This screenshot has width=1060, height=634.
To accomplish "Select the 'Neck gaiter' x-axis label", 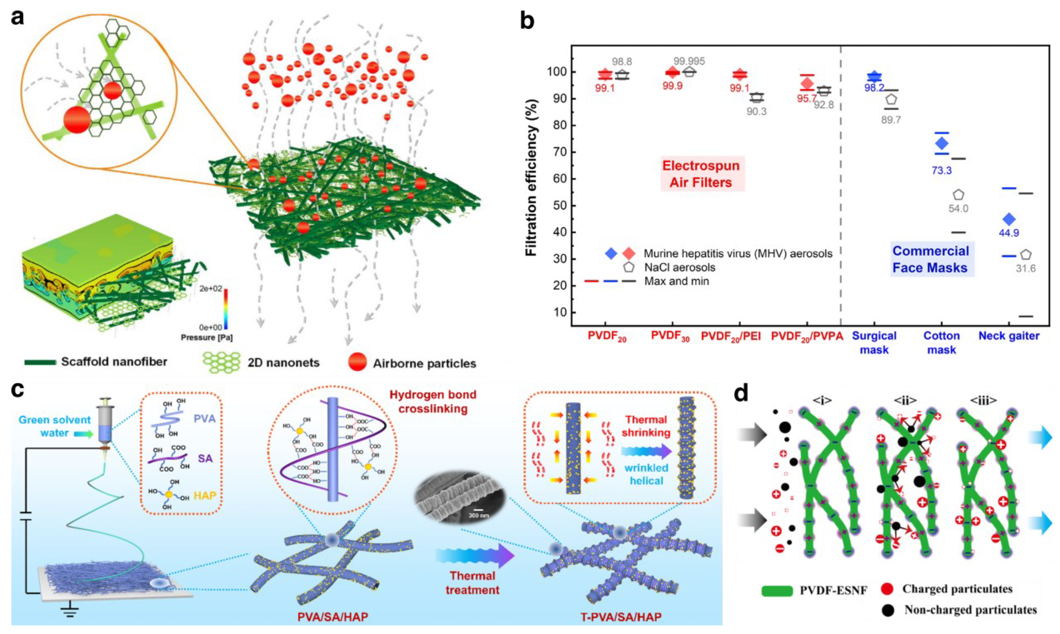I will pyautogui.click(x=1009, y=336).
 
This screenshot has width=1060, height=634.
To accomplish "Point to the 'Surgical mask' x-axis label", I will pyautogui.click(x=874, y=343).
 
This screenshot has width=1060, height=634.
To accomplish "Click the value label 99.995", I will pyautogui.click(x=689, y=62).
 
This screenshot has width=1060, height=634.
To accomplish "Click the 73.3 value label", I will pyautogui.click(x=942, y=170).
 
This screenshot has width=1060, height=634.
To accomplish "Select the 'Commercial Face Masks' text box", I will pyautogui.click(x=930, y=259).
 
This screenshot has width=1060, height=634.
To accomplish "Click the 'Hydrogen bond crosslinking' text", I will pyautogui.click(x=433, y=402).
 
